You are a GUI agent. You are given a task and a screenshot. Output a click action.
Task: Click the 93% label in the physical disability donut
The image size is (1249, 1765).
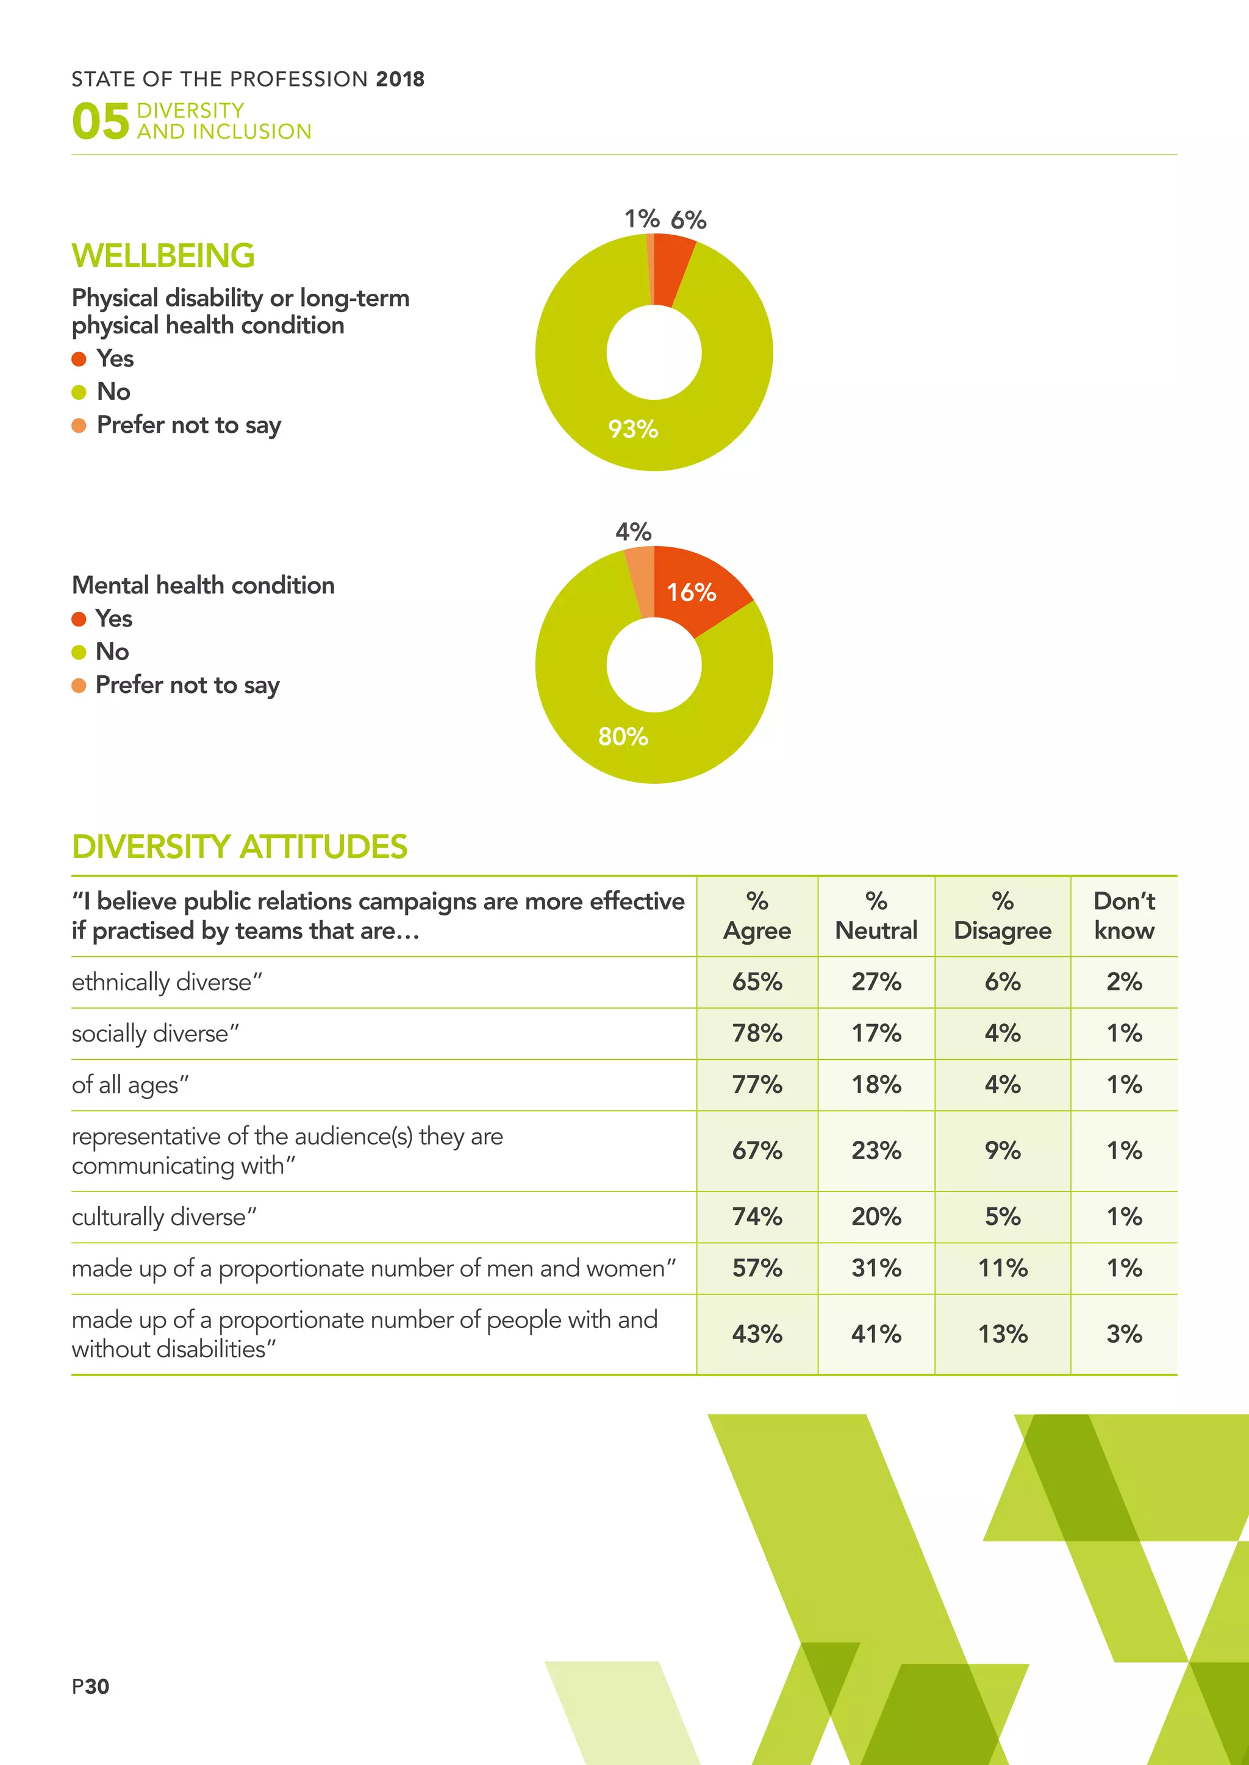point(633,429)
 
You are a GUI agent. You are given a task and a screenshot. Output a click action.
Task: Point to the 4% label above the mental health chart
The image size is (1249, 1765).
point(633,531)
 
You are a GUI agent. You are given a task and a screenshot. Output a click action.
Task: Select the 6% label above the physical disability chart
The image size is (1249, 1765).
point(689,220)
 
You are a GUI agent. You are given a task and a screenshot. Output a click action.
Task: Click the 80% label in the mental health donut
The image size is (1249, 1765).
point(623,736)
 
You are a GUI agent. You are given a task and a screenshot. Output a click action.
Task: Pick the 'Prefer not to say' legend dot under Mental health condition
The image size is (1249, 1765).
point(79,686)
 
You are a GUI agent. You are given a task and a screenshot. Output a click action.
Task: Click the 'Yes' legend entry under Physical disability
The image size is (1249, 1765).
point(115,358)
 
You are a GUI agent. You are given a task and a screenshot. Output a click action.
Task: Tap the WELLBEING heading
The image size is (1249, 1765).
point(163,256)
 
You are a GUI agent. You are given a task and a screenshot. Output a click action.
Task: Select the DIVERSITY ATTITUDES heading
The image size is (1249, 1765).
point(239,847)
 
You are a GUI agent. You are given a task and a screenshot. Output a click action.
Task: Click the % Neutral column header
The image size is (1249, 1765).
point(876,915)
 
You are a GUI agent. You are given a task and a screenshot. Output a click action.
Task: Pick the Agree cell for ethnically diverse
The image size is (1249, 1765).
point(757,982)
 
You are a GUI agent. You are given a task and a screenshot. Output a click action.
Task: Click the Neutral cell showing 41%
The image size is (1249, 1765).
point(876,1334)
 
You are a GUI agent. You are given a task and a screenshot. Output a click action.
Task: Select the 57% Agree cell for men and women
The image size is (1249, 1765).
point(757,1268)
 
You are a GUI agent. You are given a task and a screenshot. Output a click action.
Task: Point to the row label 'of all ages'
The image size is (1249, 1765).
point(130,1085)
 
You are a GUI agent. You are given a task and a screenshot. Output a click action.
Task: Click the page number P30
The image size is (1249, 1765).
point(91,1686)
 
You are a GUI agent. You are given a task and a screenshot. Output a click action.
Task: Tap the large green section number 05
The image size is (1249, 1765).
point(100,121)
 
